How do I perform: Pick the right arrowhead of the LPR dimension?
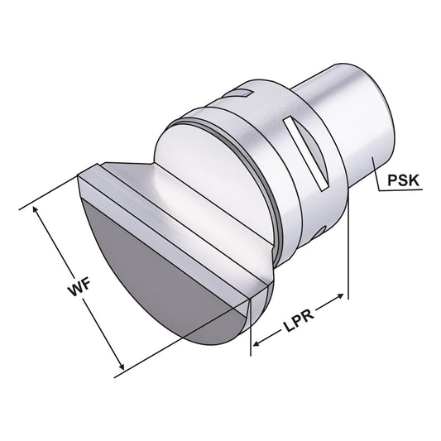[x=342, y=295]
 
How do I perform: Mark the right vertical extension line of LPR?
[x=348, y=248]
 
